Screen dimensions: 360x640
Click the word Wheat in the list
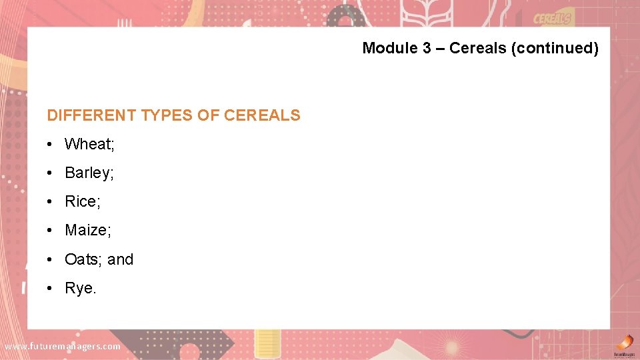click(87, 144)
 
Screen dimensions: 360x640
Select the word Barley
click(87, 173)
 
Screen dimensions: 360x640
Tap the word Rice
click(80, 201)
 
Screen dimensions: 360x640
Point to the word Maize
click(86, 230)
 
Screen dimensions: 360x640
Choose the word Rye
click(79, 288)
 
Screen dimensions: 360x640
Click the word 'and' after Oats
click(121, 259)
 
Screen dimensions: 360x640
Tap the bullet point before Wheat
click(51, 144)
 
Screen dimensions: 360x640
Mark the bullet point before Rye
click(51, 288)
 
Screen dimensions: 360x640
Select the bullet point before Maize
click(51, 230)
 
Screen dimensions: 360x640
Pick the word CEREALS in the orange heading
click(262, 115)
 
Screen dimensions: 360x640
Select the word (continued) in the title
click(555, 48)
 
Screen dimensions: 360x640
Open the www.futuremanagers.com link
click(63, 346)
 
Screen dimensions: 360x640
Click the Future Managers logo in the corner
click(624, 344)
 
